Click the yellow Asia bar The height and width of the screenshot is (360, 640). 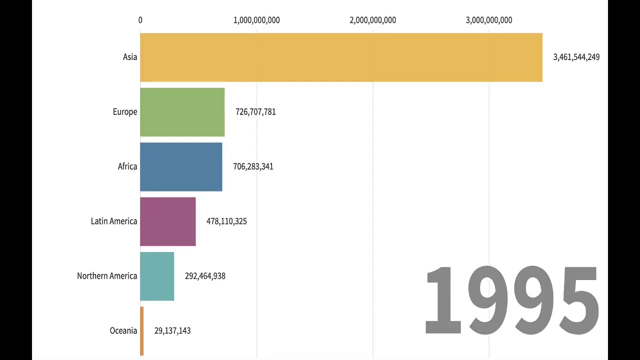[341, 57]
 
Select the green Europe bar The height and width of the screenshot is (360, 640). [182, 112]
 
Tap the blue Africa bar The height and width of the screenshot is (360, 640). [181, 166]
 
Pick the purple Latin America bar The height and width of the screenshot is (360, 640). [168, 221]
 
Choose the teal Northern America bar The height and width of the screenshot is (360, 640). [157, 276]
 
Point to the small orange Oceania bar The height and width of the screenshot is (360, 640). [142, 331]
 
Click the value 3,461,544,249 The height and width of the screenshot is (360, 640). [576, 57]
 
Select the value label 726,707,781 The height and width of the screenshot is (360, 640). [255, 112]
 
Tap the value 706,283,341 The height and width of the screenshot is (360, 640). [253, 166]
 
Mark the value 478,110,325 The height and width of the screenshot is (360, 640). [226, 221]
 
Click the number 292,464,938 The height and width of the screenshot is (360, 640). [205, 276]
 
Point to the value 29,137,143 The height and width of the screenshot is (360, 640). [172, 331]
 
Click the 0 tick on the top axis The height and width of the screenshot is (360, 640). [140, 20]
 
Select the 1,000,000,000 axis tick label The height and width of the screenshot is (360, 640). [256, 20]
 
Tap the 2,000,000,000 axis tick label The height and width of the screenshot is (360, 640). [372, 20]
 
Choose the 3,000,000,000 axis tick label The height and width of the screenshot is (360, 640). [488, 20]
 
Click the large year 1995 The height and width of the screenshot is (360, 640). [511, 300]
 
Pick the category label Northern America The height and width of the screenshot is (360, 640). [107, 276]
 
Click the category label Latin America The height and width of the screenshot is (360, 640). [114, 221]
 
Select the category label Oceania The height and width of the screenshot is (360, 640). [123, 331]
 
